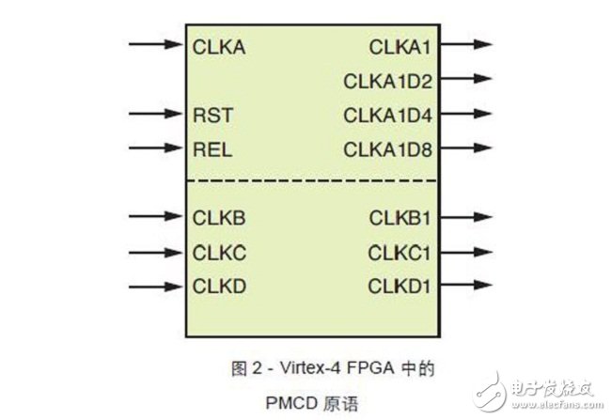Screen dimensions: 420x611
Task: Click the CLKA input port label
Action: tap(219, 45)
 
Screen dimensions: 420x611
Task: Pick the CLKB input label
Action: tap(219, 218)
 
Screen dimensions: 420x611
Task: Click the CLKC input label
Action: tap(219, 252)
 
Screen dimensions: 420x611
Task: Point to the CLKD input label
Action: tap(219, 286)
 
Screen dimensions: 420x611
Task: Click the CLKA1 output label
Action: tap(399, 45)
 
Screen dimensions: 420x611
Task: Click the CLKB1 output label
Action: tap(399, 218)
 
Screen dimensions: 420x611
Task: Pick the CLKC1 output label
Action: tap(399, 252)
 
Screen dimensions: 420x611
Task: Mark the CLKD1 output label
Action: tap(399, 286)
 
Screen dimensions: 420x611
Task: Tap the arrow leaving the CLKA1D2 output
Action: tap(466, 80)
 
